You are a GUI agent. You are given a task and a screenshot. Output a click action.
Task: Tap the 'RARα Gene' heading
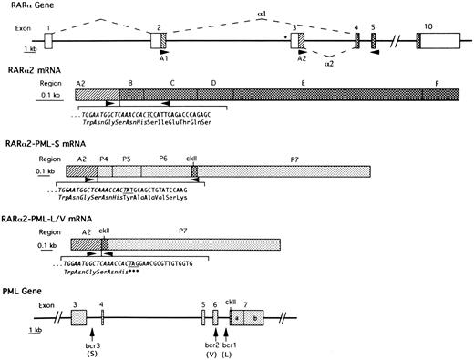click(x=27, y=5)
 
